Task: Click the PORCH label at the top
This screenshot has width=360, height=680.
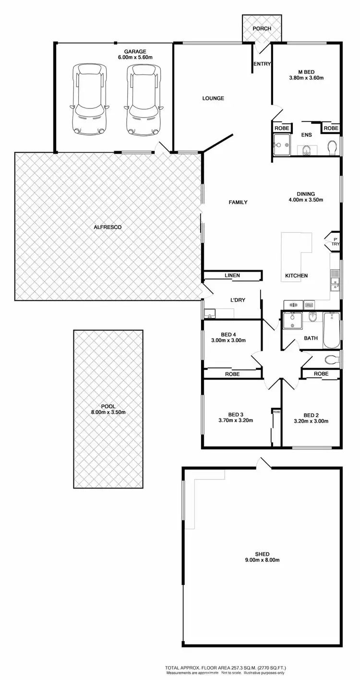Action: [262, 28]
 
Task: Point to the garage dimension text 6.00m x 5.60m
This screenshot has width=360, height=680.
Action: [135, 58]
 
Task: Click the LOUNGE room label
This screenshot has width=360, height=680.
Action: [213, 98]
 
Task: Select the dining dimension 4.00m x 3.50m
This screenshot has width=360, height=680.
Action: [306, 200]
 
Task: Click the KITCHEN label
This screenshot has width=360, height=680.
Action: [296, 275]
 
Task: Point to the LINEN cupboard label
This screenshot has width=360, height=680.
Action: [232, 275]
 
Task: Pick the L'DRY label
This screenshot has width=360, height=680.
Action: [238, 300]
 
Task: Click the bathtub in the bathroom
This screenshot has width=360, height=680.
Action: [331, 330]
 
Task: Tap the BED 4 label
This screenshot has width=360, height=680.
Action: [229, 334]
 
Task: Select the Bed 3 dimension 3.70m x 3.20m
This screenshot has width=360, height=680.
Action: [235, 420]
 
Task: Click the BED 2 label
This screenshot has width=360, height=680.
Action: [311, 415]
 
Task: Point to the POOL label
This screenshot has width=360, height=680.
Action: [108, 406]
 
